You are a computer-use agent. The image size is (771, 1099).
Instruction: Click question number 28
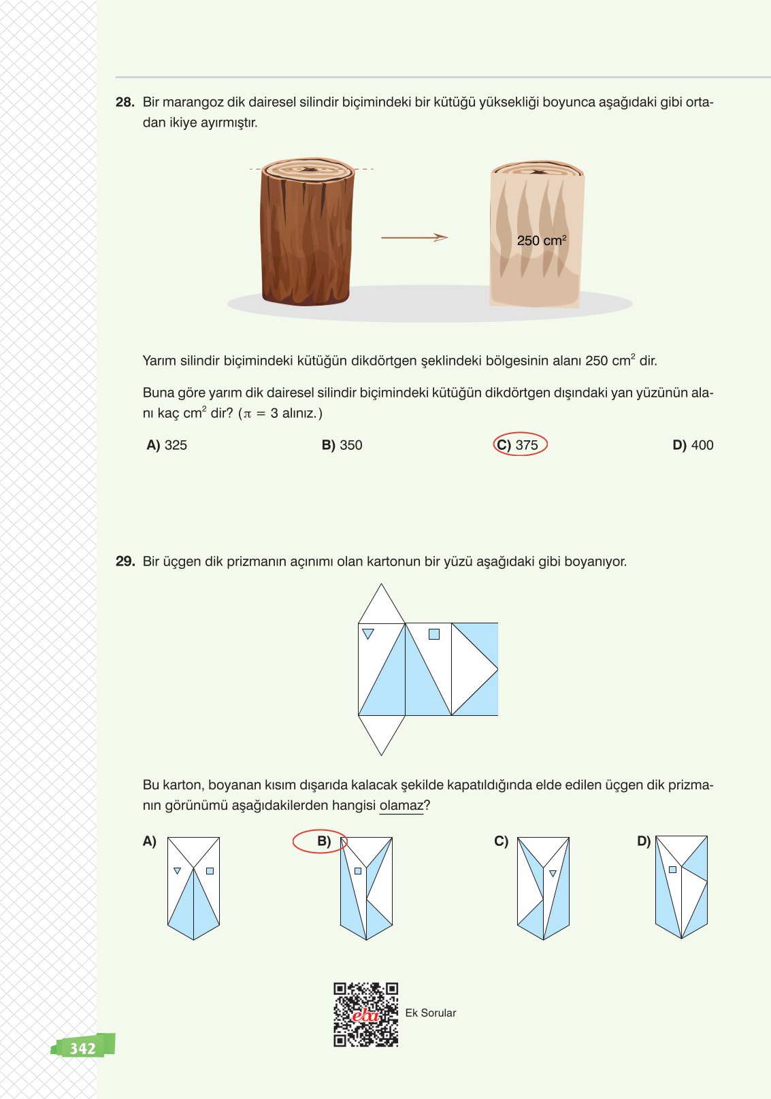(125, 103)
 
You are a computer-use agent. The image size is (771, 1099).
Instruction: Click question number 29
(125, 562)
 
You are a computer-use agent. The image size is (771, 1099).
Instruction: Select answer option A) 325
(167, 445)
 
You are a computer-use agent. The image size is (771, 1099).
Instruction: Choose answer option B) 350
(342, 445)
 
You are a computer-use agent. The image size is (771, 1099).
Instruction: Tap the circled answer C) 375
(520, 445)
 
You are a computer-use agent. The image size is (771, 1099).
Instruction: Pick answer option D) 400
(693, 445)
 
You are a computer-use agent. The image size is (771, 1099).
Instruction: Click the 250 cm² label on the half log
(541, 240)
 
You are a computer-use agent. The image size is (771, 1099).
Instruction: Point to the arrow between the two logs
(414, 237)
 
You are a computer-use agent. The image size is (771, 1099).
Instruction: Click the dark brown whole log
(307, 235)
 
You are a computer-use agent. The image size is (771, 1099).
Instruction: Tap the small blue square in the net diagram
(434, 634)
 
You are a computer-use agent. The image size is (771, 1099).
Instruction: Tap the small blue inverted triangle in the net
(368, 634)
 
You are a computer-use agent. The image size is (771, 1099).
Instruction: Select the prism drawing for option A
(193, 888)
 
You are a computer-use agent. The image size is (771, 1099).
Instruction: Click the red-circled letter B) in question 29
(323, 842)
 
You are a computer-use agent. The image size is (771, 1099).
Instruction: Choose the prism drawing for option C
(543, 888)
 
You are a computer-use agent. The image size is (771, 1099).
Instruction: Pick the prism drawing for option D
(681, 887)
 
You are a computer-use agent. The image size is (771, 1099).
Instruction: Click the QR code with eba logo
(365, 1014)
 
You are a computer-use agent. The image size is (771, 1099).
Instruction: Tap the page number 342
(82, 1047)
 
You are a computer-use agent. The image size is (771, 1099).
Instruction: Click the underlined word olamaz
(401, 806)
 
